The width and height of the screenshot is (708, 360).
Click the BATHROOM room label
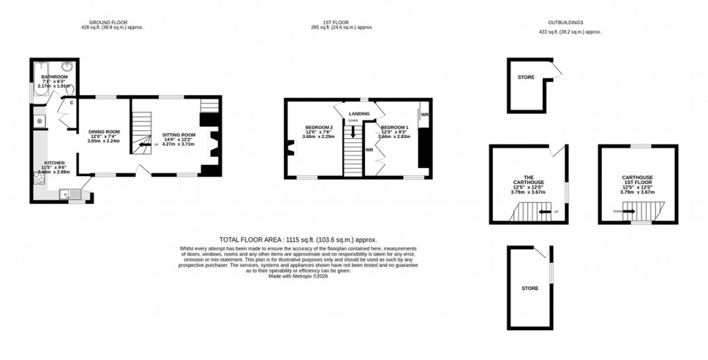tap(53, 76)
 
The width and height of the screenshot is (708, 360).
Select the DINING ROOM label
tap(104, 131)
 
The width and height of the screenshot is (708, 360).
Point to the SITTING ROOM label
tap(179, 135)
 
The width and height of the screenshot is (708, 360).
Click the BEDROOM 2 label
tap(319, 127)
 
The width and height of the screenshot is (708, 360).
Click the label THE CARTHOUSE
tap(528, 179)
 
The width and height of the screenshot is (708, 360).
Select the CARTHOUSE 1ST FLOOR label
tap(637, 180)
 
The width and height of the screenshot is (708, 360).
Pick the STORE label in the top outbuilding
tap(525, 77)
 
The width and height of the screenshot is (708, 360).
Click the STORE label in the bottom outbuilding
tap(530, 287)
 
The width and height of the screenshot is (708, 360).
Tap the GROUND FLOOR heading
tap(114, 22)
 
